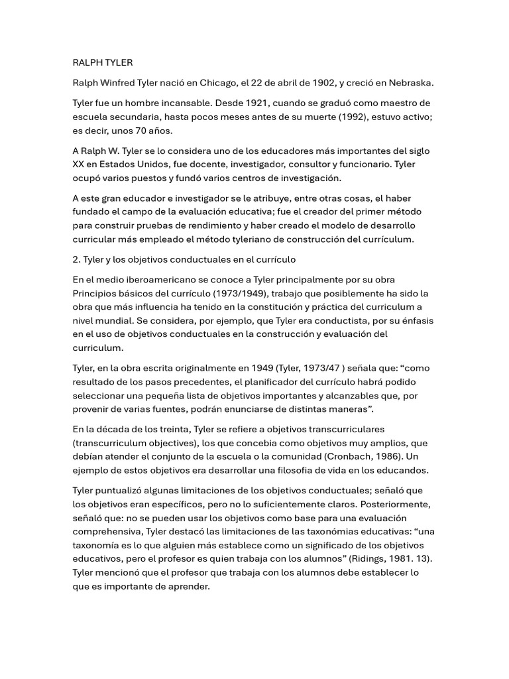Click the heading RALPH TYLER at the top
pos(103,62)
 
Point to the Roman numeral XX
pos(80,164)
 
